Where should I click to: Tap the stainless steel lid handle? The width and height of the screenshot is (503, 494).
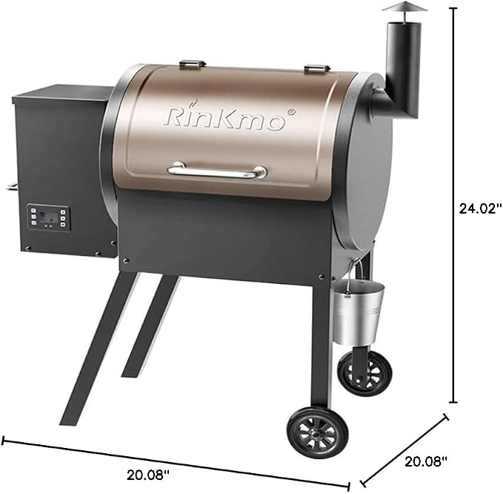pos(217,171)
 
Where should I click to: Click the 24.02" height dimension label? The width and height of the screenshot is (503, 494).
pos(480,208)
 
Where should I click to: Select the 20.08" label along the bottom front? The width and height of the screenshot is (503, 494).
pos(148,475)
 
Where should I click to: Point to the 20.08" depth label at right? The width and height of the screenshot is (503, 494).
pos(426,461)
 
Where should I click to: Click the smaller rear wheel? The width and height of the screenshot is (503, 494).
pos(364,373)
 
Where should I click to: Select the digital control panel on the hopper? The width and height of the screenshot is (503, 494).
pos(48,217)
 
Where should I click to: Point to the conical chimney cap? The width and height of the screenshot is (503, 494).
pos(404,7)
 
